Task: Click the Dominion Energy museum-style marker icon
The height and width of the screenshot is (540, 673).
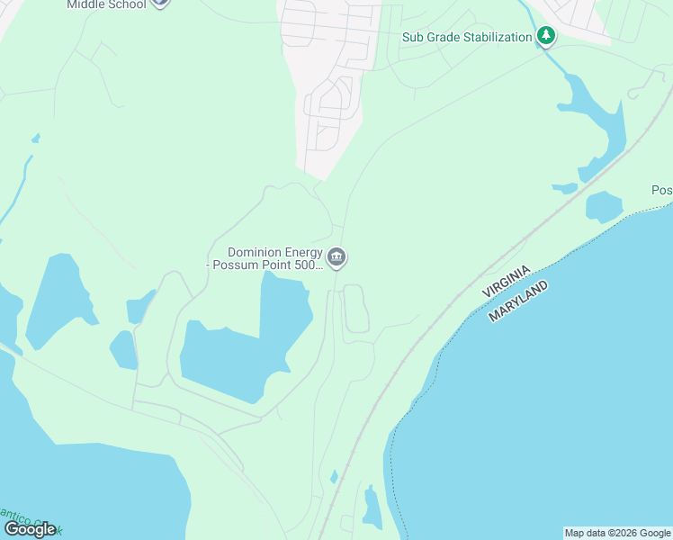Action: tap(336, 258)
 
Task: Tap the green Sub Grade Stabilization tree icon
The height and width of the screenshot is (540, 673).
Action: tap(545, 37)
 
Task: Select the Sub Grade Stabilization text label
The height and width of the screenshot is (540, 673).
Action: tap(467, 37)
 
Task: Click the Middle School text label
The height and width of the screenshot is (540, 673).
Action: tap(106, 4)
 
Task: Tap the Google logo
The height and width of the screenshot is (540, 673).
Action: tap(30, 529)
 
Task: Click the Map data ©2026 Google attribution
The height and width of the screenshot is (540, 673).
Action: tap(617, 533)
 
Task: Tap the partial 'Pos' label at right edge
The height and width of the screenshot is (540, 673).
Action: tap(661, 191)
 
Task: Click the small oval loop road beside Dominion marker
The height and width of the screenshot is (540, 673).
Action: tap(356, 308)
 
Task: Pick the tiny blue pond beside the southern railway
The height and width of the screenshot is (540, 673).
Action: tap(334, 476)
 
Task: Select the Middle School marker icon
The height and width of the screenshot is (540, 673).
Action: tap(160, 3)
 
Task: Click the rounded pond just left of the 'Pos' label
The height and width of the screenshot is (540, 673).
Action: tap(603, 206)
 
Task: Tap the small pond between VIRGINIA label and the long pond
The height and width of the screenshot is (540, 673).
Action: tap(565, 188)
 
